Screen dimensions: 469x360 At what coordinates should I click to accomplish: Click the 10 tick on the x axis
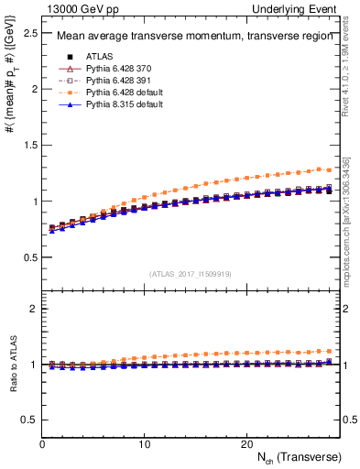[x=144, y=442]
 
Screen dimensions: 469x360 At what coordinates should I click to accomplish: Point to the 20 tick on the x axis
[x=245, y=442]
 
